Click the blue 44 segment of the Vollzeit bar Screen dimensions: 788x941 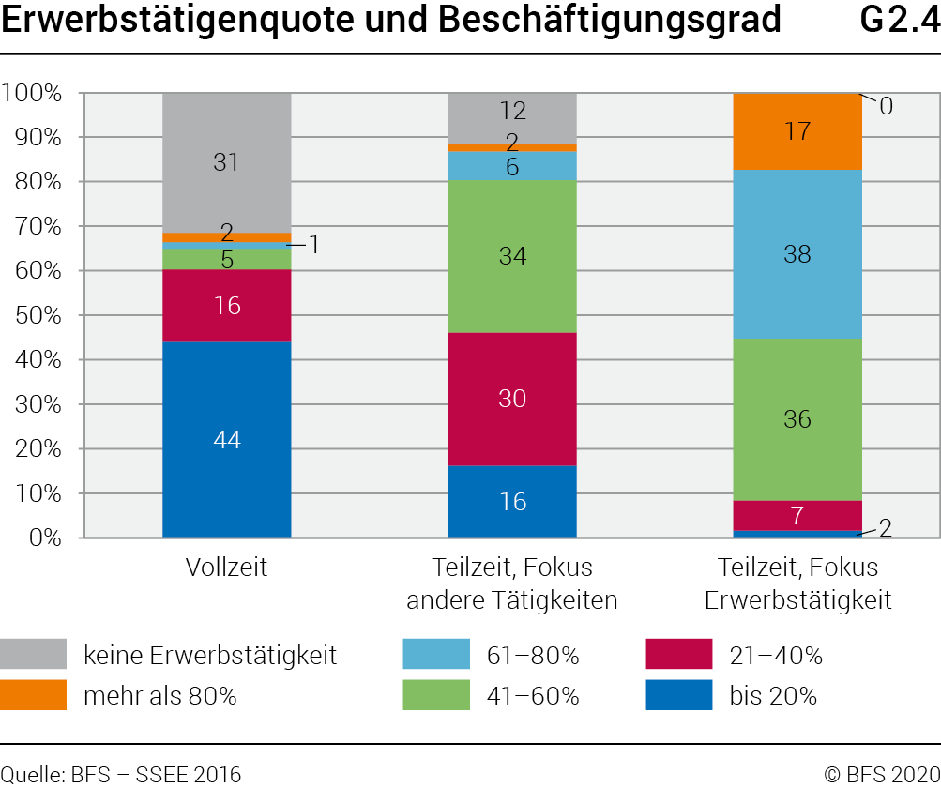point(226,439)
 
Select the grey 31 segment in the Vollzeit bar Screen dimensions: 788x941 point(226,162)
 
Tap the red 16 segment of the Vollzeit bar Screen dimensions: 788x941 point(226,306)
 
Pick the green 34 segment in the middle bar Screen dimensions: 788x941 point(512,256)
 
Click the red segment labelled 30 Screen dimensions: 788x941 point(512,399)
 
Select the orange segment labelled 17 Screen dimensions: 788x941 point(797,131)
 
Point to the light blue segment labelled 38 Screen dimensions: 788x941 point(797,254)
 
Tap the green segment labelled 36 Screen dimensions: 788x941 point(797,419)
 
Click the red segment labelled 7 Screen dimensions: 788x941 point(797,515)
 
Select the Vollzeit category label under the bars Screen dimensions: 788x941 point(226,568)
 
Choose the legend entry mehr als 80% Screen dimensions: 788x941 point(159,696)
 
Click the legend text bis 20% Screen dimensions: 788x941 point(773,696)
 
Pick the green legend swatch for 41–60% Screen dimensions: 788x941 point(436,696)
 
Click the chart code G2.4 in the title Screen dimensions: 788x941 point(899,21)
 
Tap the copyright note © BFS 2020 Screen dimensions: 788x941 point(881,774)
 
